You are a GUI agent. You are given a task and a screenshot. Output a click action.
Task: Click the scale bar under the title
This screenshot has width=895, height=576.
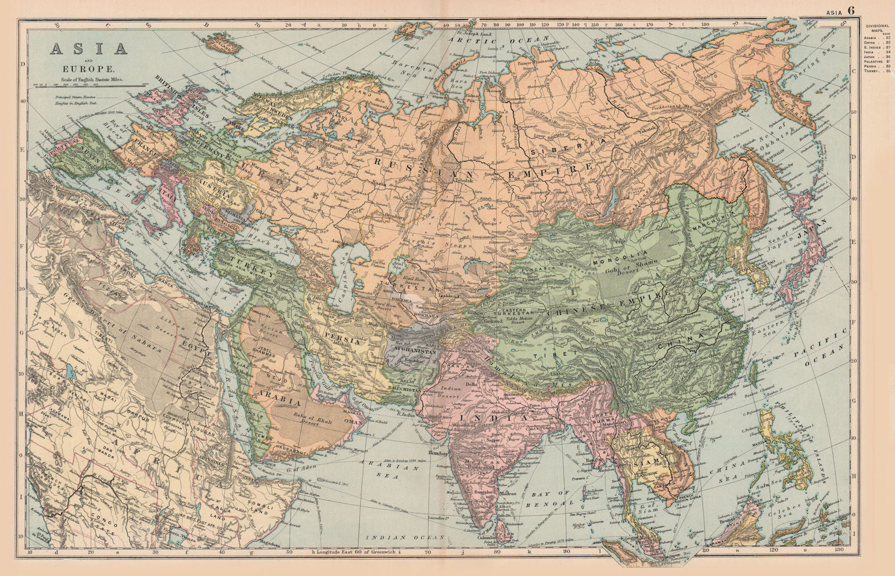(88, 85)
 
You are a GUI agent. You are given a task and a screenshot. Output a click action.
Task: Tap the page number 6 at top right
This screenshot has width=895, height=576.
(851, 10)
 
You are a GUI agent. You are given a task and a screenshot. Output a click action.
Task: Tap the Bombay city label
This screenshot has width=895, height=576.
(438, 454)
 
